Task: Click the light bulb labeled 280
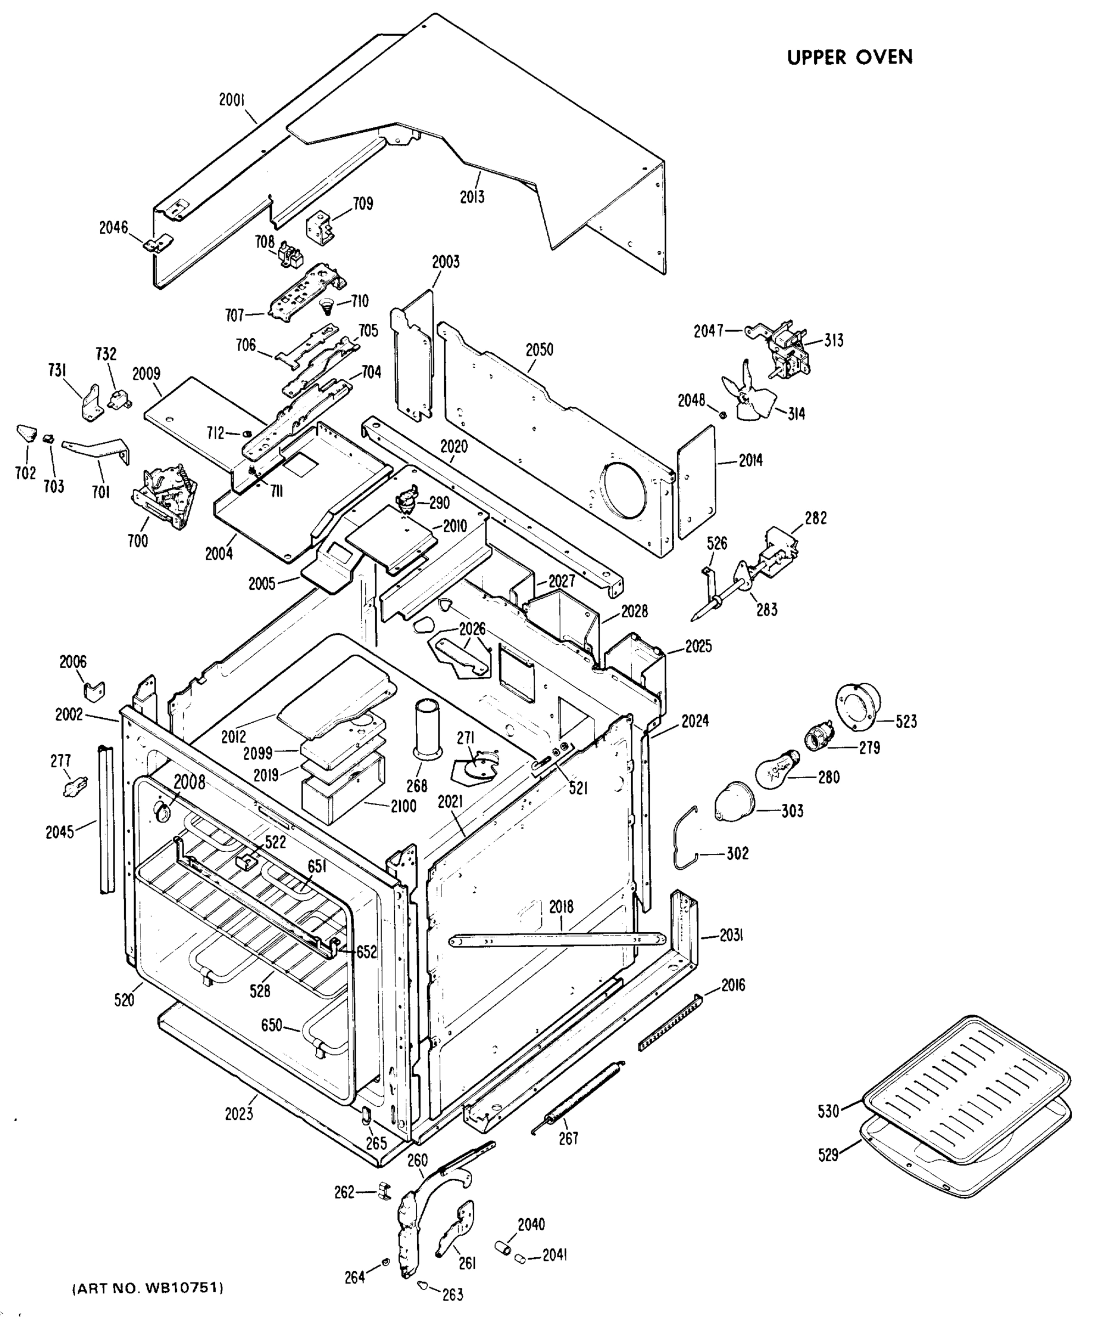tap(776, 769)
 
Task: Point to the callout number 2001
tap(232, 100)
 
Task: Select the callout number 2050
tap(539, 350)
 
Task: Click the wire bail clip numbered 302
tap(684, 837)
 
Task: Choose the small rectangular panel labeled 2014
tap(697, 482)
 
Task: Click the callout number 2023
tap(238, 1114)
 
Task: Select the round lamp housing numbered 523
tap(857, 706)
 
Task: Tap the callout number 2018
tap(561, 907)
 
